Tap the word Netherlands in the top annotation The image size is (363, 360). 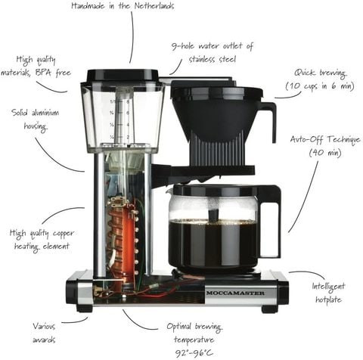coord(154,6)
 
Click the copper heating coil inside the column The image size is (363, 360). coord(119,242)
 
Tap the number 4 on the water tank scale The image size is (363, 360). coord(128,125)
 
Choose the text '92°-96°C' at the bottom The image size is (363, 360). coord(194,353)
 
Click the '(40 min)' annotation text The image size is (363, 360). coord(325,152)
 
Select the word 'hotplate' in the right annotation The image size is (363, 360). coord(328,299)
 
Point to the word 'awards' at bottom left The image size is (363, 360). coord(44,340)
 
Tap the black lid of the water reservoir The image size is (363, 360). coord(123,76)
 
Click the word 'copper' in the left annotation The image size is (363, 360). coord(64,234)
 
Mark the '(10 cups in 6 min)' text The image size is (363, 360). coord(320,86)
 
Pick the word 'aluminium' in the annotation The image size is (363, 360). coord(47,112)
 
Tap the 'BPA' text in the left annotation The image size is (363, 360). coord(44,73)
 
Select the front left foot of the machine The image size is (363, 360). coord(84,309)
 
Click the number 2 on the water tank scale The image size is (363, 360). coord(128,137)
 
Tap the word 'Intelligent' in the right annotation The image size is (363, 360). coord(328,287)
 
